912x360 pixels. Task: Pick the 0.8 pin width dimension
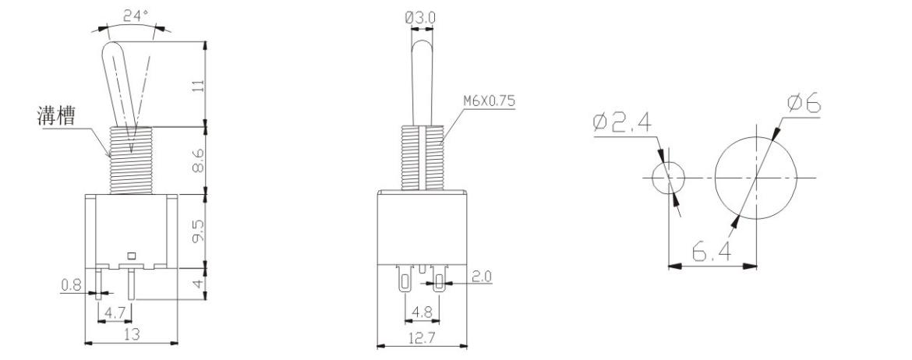click(x=71, y=285)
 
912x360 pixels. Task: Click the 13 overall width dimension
click(x=130, y=334)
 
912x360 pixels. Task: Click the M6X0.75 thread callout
click(x=490, y=101)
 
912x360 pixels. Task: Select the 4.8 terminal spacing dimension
click(x=421, y=312)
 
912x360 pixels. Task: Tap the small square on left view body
click(x=130, y=255)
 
